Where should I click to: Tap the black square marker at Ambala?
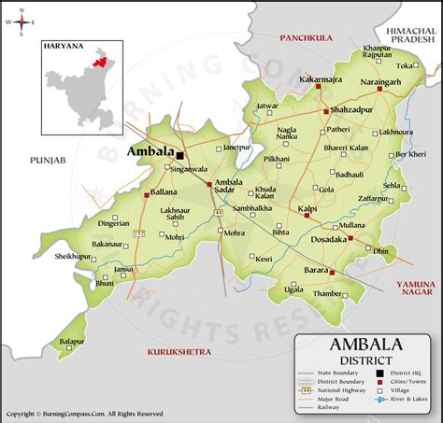[x=179, y=155]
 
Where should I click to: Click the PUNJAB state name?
[x=47, y=161]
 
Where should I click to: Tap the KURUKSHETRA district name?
[x=179, y=350]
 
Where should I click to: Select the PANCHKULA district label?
[x=307, y=38]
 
